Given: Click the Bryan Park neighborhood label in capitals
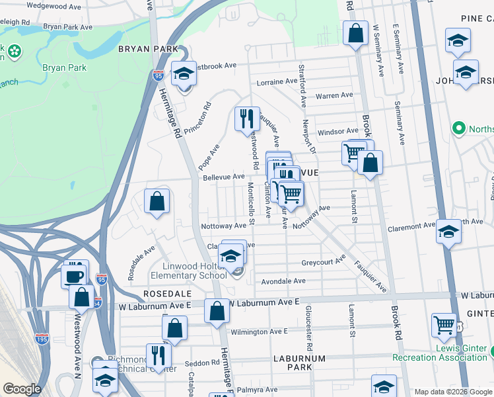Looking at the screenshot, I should tap(149, 49).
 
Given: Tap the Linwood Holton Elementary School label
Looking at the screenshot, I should tap(189, 271).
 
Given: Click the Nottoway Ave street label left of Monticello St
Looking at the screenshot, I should tap(224, 226).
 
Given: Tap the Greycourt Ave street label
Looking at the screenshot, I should tap(324, 261).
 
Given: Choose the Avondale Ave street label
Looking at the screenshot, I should tap(283, 281).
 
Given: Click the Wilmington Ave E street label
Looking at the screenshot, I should tap(259, 331).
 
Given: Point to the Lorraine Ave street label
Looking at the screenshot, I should tap(277, 82).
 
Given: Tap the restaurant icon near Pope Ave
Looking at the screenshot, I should tap(248, 118).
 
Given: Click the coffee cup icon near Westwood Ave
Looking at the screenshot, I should tap(75, 275).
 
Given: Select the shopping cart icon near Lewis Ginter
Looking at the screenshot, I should tap(444, 325).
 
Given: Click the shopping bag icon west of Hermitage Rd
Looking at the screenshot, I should tap(157, 202).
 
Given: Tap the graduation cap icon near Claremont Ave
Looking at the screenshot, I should tap(448, 232).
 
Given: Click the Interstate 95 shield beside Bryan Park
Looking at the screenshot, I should tap(157, 76).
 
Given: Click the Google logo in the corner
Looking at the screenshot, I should tap(22, 389).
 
